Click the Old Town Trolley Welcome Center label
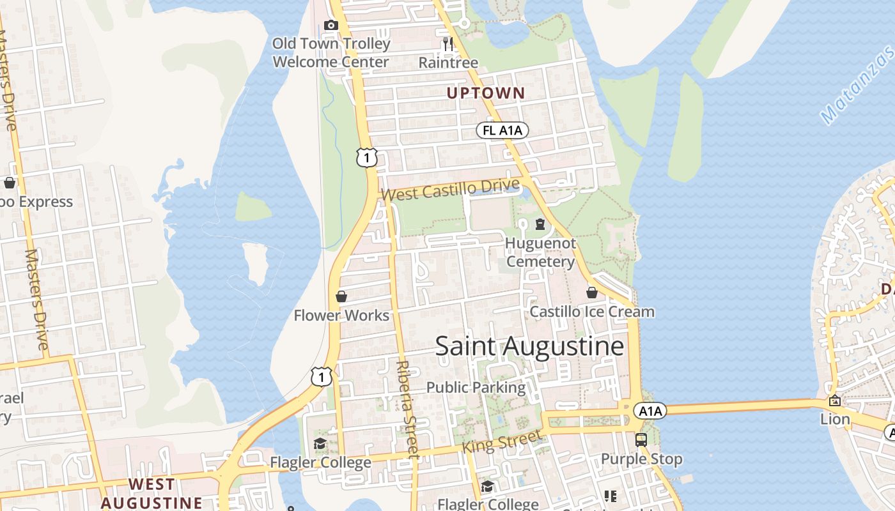331,53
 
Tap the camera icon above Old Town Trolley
331,26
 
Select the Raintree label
448,63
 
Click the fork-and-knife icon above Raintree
448,43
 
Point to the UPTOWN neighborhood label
485,93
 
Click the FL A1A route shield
502,131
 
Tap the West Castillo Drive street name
451,190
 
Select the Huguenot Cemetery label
540,252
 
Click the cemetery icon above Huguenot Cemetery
540,224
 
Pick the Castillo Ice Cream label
592,312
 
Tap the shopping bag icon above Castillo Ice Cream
592,293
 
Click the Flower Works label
341,315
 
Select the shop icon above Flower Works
341,296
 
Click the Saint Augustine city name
529,346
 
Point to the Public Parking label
476,387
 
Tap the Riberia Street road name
407,409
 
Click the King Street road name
501,442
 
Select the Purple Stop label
641,459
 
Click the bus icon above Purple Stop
641,439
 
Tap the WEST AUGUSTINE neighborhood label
152,493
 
